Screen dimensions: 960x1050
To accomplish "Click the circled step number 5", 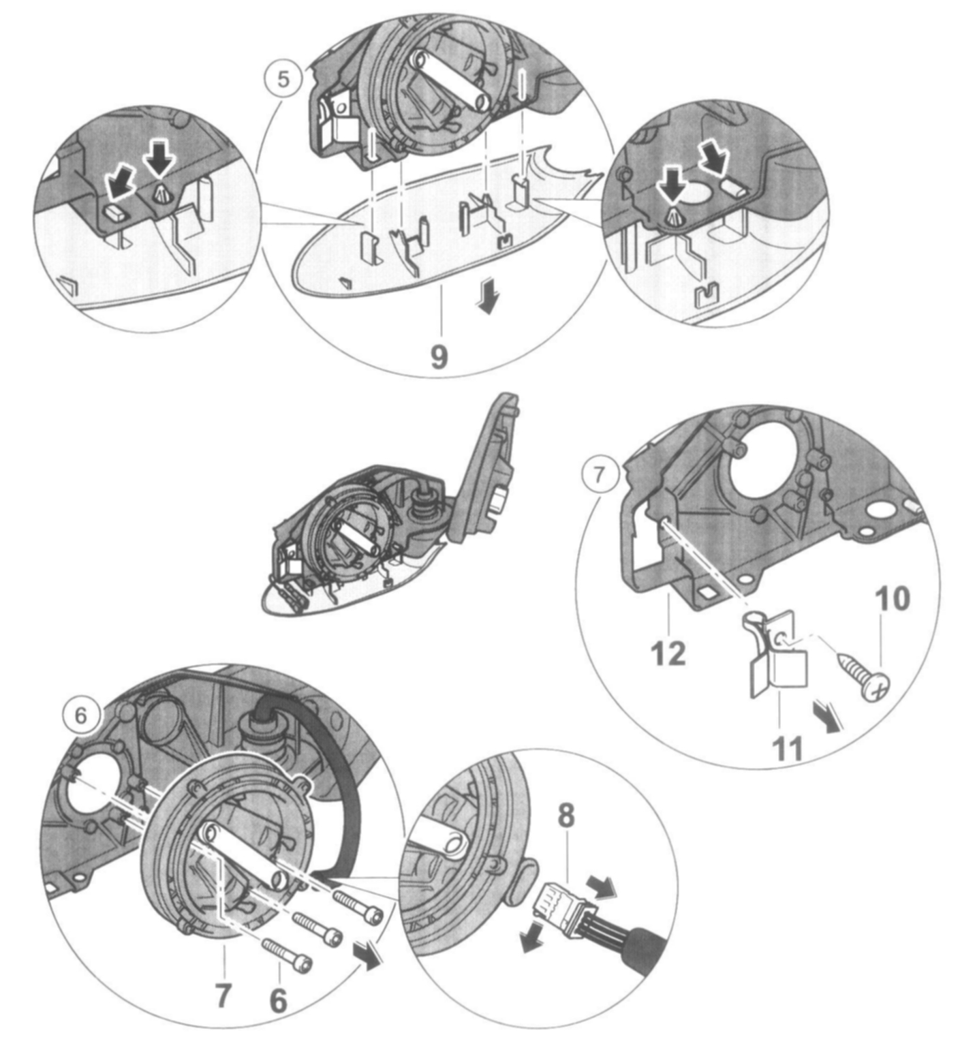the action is (x=282, y=79).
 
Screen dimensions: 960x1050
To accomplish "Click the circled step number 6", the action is (x=80, y=715).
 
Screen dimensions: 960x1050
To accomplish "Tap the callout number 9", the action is (x=439, y=356).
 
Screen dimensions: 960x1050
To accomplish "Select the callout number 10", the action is (x=892, y=598).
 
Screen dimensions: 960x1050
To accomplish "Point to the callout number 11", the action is (x=787, y=747).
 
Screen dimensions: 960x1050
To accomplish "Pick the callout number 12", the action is (x=668, y=653).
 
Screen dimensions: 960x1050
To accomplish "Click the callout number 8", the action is (x=566, y=815).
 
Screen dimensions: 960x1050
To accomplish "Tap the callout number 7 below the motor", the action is (x=223, y=995).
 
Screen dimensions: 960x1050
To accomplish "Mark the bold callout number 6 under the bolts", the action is (x=278, y=1000).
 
